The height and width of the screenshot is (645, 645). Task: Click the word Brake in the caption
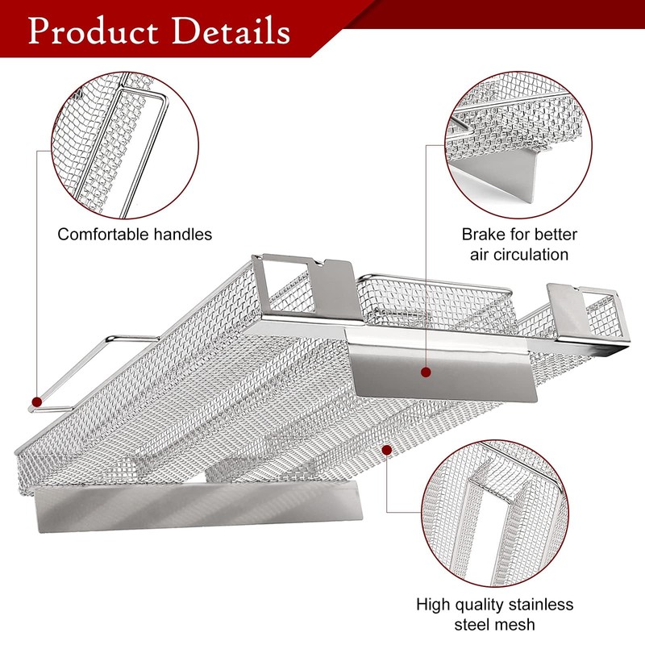(x=482, y=235)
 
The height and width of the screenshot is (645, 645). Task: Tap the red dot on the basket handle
(x=35, y=401)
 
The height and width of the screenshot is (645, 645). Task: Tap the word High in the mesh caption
(x=432, y=604)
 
